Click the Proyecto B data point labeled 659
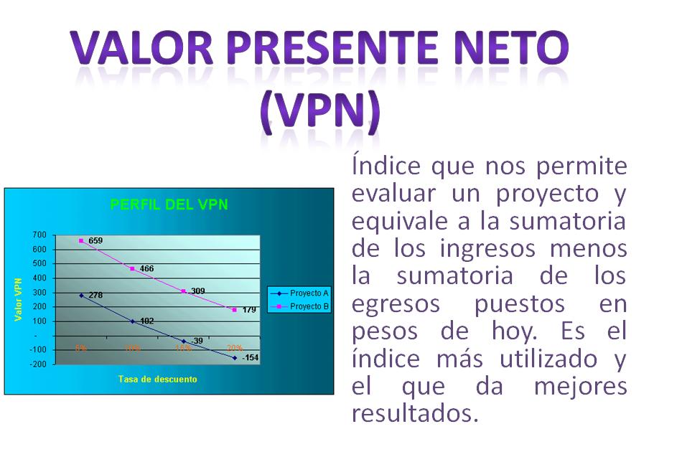(81, 241)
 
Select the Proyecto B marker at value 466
(132, 268)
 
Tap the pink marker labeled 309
(184, 291)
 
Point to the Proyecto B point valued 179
(234, 310)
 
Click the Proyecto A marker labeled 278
(81, 295)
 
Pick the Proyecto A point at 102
(132, 321)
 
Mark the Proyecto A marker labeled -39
(184, 341)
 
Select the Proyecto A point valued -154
(234, 357)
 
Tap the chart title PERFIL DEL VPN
(169, 204)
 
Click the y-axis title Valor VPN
(19, 301)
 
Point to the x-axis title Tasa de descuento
(157, 379)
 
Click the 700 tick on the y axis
(39, 235)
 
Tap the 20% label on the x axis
(234, 348)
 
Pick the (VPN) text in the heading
(319, 111)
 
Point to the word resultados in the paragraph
(414, 413)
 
